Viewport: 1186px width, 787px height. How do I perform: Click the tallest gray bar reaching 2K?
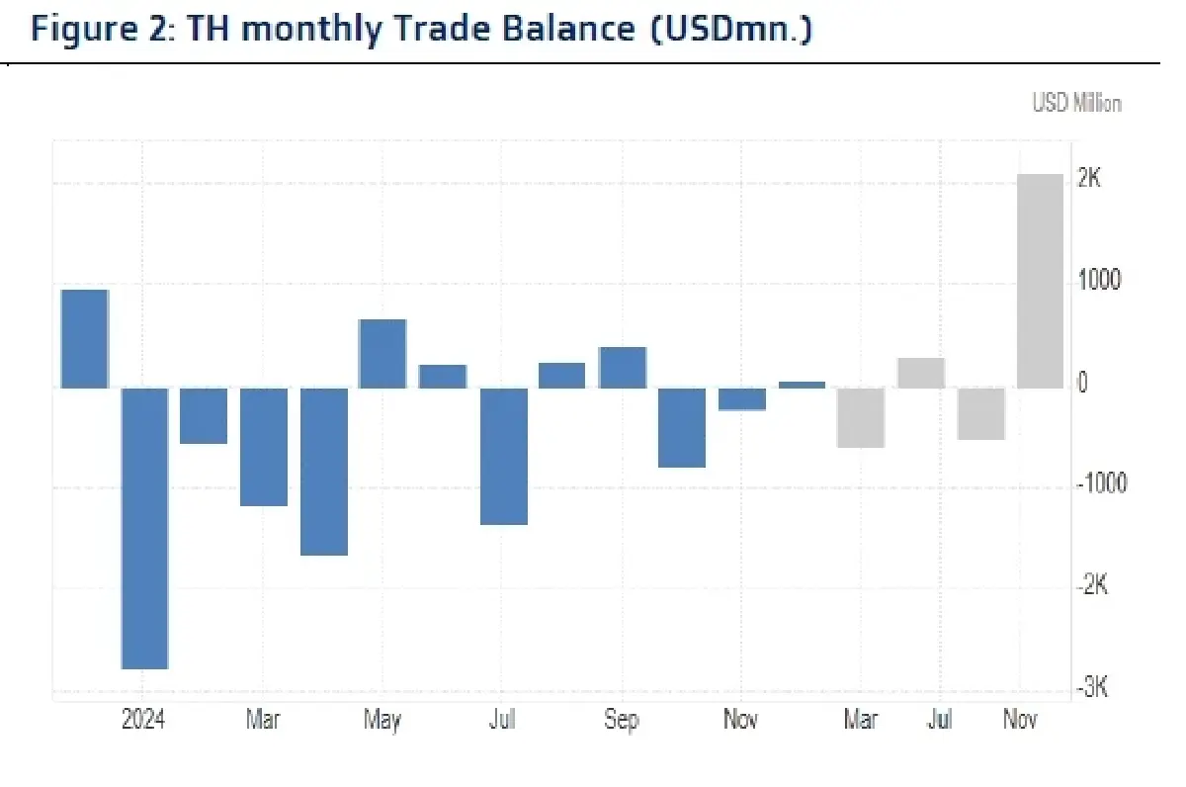1041,281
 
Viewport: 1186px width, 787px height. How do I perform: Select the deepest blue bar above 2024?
144,528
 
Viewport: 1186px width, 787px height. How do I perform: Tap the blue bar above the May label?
382,353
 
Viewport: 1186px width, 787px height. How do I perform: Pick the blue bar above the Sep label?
623,367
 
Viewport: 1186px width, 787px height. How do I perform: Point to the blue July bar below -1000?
503,456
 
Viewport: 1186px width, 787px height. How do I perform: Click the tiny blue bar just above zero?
802,385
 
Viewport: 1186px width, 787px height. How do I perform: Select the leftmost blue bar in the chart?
85,338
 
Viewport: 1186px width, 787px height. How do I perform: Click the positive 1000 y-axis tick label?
1100,281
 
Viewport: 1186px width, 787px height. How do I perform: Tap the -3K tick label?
1093,687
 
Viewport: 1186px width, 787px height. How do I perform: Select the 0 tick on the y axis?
1083,384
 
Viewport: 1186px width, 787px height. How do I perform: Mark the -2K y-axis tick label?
1093,585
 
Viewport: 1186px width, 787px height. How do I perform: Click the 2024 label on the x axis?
143,720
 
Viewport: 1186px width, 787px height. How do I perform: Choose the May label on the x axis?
381,720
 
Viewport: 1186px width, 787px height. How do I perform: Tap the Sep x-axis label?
622,720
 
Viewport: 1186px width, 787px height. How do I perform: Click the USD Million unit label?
1076,103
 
